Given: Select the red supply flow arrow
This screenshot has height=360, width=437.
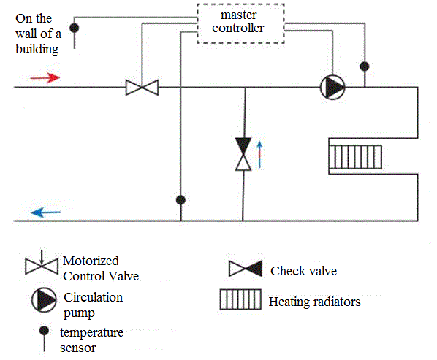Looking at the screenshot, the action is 45,77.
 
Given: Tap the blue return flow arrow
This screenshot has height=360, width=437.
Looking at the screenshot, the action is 45,212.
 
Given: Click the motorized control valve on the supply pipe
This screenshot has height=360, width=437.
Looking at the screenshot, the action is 142,88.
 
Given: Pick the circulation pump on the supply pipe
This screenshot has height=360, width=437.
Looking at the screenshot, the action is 332,87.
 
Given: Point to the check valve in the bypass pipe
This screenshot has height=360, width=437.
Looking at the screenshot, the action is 243,154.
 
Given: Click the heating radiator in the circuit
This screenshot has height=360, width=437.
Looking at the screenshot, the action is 355,157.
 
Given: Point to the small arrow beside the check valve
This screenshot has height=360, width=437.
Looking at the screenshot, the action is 259,155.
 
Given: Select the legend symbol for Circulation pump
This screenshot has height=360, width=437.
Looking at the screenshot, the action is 44,300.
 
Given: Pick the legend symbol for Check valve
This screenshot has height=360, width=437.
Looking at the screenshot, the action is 246,269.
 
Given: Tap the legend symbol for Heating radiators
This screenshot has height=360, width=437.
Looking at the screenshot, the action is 240,299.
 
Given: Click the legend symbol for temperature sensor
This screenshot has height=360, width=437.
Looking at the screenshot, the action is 44,338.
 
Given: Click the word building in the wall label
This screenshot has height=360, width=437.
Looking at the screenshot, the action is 37,49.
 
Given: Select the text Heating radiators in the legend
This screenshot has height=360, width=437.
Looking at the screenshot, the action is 315,302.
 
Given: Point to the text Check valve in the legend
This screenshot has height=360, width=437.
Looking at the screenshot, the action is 303,271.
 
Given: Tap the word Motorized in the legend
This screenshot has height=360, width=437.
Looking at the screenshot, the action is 91,261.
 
